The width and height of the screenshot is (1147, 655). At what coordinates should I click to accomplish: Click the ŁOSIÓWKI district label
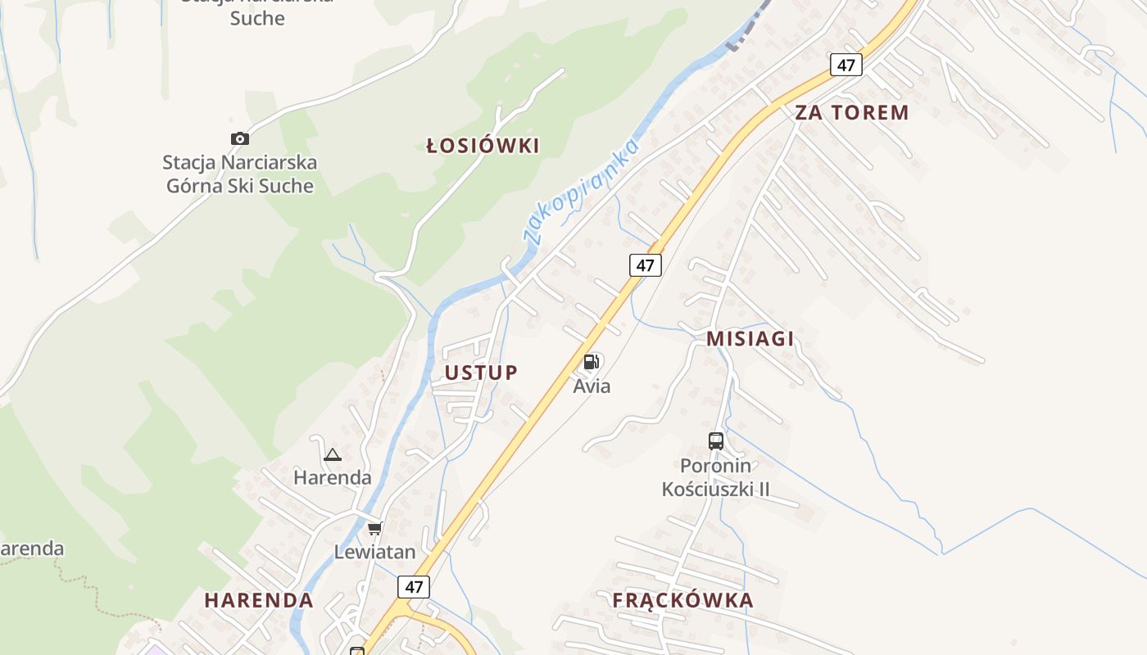pos(483,147)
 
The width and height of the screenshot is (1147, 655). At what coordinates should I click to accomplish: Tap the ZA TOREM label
pos(852,113)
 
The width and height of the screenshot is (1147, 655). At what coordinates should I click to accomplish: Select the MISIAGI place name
pos(750,339)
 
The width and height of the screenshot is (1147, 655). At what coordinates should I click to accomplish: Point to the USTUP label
pos(481,373)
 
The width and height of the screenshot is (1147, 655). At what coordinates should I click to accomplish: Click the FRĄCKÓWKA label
pos(682,600)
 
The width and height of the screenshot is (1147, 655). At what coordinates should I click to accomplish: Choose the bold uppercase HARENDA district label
pos(259,600)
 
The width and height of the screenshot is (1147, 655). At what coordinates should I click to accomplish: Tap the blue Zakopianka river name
pos(583,192)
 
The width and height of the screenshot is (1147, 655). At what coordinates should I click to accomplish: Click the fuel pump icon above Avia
pos(592,362)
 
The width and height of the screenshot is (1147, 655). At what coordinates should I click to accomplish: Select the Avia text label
pos(592,386)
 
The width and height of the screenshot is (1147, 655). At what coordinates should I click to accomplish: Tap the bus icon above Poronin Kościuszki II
pos(716,441)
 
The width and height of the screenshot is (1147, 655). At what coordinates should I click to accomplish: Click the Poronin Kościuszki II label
pos(716,477)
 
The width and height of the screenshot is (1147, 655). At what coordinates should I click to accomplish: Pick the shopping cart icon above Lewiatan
pos(374,528)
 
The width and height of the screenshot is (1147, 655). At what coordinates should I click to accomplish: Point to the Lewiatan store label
pos(374,552)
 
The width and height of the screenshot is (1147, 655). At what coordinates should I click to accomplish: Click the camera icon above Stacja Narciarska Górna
pos(239,138)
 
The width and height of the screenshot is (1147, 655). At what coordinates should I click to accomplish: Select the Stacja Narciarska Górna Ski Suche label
pos(239,174)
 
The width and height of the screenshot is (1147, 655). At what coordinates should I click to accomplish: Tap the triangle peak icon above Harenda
pos(332,454)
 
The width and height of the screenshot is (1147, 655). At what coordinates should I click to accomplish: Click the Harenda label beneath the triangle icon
pos(332,477)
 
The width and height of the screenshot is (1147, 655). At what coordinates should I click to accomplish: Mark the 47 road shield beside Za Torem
pos(846,65)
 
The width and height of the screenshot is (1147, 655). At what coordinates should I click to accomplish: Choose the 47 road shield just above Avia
pos(646,264)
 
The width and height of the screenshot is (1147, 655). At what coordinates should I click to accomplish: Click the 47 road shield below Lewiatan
pos(414,586)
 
